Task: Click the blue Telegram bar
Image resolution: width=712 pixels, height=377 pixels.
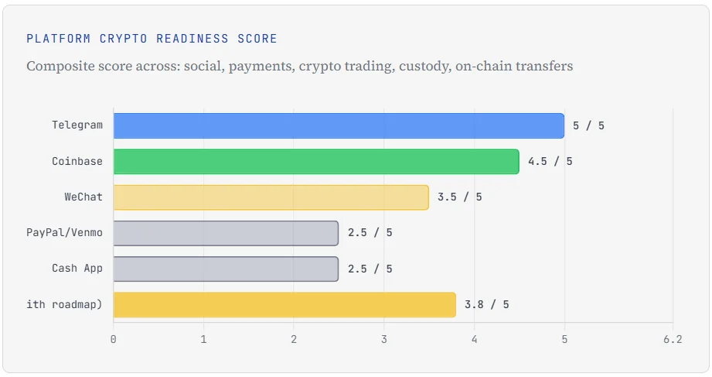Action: point(339,125)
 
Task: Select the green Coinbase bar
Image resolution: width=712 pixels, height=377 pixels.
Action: point(316,161)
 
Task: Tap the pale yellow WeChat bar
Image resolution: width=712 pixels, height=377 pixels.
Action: point(271,197)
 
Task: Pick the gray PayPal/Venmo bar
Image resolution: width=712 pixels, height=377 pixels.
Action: point(226,233)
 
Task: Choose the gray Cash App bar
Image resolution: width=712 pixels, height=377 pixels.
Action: point(226,269)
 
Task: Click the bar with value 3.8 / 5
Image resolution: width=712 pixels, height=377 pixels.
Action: point(284,304)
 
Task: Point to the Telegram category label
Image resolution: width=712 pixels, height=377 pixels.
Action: point(77,125)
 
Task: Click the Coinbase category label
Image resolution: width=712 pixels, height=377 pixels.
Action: point(77,161)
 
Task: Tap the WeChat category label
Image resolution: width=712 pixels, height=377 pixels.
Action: point(83,197)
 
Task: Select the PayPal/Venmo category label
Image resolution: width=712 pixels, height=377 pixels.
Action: point(64,233)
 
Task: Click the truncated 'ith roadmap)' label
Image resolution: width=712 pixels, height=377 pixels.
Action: point(64,304)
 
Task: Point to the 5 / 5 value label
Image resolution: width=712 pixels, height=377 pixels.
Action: point(589,125)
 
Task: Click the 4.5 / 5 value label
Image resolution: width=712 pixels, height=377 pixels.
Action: point(550,161)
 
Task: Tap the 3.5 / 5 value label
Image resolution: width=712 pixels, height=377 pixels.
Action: point(459,197)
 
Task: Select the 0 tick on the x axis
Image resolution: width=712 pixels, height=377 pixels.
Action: point(114,339)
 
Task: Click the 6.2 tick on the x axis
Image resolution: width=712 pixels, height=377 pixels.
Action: point(673,339)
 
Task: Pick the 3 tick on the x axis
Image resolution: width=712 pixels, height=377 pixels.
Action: point(384,339)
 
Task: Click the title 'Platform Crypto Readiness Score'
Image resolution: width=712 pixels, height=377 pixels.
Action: point(152,39)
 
